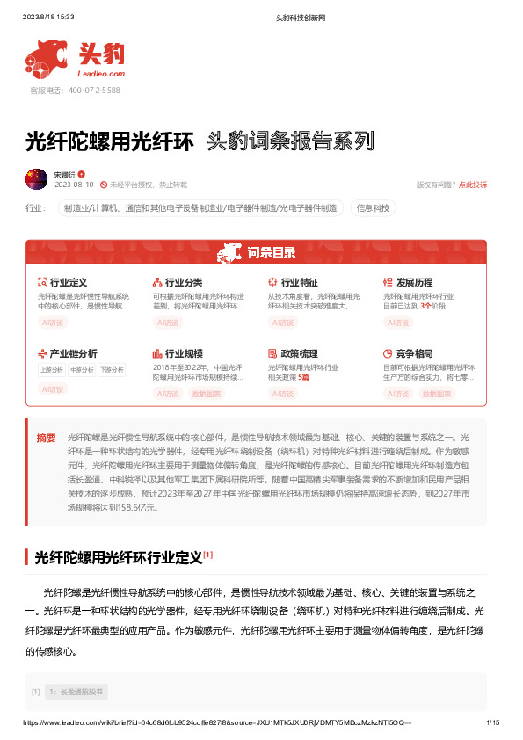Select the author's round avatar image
[37, 179]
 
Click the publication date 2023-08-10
[74, 185]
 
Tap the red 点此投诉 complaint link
[472, 185]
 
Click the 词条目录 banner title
[271, 253]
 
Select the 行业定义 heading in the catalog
[68, 282]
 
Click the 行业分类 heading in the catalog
[184, 282]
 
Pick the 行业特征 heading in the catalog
[299, 282]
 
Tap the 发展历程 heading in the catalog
[414, 282]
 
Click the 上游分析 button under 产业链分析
[52, 370]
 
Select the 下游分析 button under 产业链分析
[112, 370]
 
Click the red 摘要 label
[46, 437]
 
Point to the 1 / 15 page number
[492, 722]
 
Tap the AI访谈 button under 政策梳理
[282, 394]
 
